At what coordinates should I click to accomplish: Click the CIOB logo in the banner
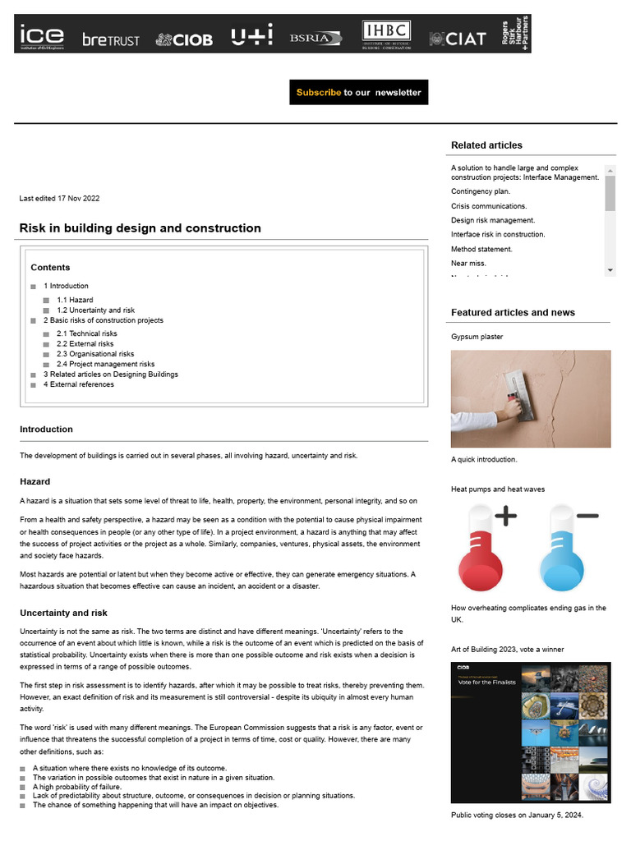click(184, 39)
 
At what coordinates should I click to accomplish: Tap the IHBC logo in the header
click(386, 35)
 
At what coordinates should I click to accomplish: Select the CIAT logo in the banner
click(458, 38)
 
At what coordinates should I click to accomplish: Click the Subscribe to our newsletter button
click(358, 92)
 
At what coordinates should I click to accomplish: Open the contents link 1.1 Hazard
click(75, 300)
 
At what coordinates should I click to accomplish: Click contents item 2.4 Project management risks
click(105, 364)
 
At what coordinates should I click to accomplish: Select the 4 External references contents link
click(79, 384)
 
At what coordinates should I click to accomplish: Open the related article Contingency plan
click(481, 191)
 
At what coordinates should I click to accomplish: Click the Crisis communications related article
click(489, 206)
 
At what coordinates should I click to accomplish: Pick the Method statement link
click(481, 249)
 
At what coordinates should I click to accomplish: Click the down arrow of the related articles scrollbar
click(610, 270)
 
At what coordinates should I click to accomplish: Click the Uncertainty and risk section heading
click(63, 613)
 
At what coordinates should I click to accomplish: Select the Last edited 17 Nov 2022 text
click(59, 198)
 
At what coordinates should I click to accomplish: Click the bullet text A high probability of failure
click(77, 786)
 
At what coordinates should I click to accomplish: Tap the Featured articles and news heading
click(513, 312)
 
